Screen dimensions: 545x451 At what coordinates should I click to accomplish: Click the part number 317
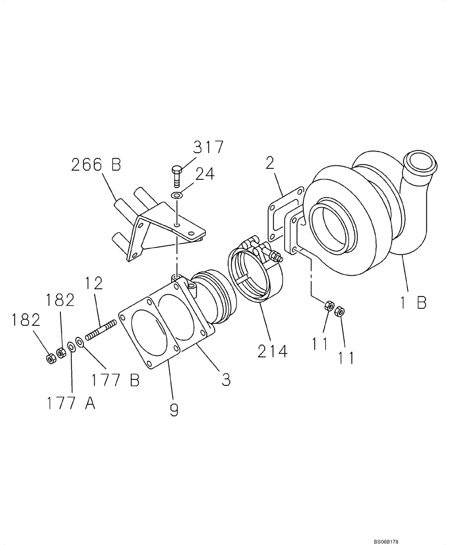point(208,148)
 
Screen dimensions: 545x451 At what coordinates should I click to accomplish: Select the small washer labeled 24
point(177,195)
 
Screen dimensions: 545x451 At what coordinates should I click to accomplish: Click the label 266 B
point(96,165)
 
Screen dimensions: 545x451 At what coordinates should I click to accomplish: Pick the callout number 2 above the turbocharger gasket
point(270,163)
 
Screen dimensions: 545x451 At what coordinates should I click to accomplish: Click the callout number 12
point(94,284)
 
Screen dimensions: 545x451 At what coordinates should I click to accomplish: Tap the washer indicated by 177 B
point(80,342)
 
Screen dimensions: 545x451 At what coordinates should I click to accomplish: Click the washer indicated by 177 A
point(71,347)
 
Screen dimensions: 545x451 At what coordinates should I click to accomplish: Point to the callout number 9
point(174,409)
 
